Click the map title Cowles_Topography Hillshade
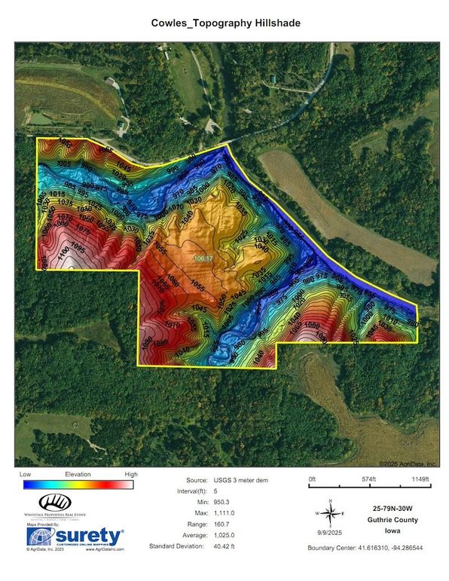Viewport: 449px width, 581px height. [x=225, y=24]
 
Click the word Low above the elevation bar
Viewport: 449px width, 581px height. [x=25, y=475]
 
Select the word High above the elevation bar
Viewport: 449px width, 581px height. [x=130, y=475]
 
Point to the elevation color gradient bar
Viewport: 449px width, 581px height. [x=78, y=485]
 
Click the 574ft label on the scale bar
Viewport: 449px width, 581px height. [x=368, y=479]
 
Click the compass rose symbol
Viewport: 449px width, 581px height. [x=330, y=512]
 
